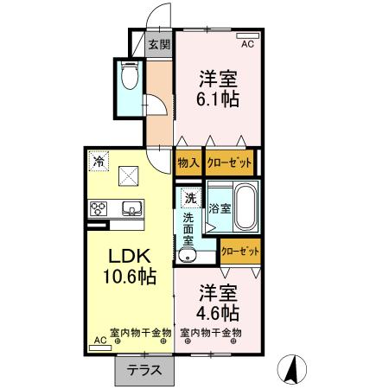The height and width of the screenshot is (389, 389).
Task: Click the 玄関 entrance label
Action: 158,45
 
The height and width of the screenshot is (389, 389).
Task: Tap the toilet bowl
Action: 130,79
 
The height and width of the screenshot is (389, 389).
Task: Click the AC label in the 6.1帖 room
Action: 247,43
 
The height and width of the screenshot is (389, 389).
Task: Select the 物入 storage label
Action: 188,162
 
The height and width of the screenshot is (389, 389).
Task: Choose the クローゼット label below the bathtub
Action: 240,252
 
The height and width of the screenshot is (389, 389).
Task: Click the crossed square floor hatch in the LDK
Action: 131,177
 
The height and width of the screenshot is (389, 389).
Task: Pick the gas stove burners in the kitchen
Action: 98,209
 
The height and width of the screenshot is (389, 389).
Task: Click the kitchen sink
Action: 133,209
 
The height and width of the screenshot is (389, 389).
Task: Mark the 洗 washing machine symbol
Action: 189,198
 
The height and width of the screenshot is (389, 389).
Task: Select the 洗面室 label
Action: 188,230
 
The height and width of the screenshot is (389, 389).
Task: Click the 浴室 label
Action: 219,208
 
